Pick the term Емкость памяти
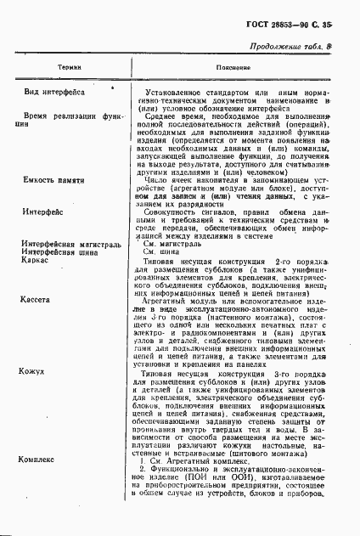coord(53,181)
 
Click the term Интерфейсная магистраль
coord(67,242)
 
